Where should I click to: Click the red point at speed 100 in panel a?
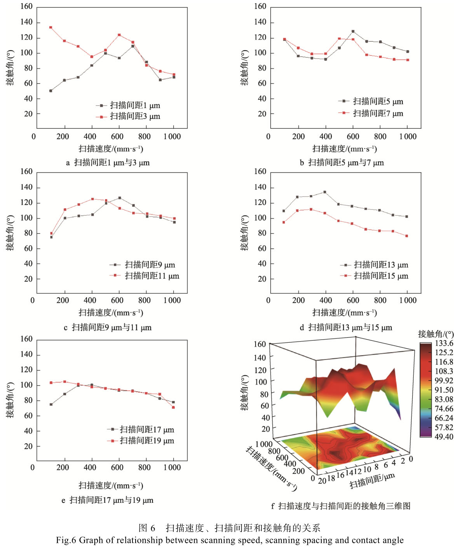pos(51,28)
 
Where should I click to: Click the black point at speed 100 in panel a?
pos(51,91)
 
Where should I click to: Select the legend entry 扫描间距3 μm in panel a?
pos(135,117)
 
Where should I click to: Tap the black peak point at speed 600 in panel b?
pos(353,31)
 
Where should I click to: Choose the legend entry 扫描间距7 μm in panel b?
pos(378,113)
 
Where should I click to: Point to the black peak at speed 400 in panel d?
pos(325,192)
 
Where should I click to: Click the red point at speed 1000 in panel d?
pos(407,236)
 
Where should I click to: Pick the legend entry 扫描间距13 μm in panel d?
pos(381,265)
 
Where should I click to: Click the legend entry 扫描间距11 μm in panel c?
pos(152,276)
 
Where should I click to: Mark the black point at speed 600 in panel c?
pos(119,198)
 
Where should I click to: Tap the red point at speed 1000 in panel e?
pos(173,407)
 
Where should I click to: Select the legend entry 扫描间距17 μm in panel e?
pos(146,429)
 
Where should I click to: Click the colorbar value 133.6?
pos(444,344)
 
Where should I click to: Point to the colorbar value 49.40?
pos(444,437)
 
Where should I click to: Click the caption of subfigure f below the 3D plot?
pos(341,506)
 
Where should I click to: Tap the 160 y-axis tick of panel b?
pos(260,7)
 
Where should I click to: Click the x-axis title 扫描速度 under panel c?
pos(111,313)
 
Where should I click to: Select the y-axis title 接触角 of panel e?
pos(10,400)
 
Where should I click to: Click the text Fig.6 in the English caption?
pos(66,540)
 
